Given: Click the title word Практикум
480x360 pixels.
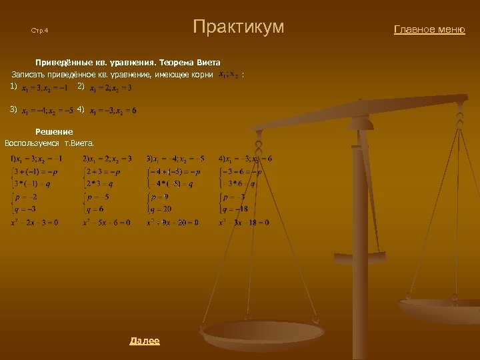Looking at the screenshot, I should pos(238,27).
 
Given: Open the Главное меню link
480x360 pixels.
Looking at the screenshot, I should pos(429,29).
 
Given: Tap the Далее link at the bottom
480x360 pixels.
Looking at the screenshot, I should pos(145,341).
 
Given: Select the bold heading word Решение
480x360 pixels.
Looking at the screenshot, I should pos(54,132).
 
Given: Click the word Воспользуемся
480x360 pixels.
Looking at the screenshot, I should pos(32,143).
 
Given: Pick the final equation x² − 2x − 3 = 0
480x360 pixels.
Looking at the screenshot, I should pos(34,222).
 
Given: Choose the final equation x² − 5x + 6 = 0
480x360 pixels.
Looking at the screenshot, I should pos(107,222).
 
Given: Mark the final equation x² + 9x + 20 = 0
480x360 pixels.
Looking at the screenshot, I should pos(172,222).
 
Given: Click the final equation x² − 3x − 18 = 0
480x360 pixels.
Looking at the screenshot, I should pos(244,222).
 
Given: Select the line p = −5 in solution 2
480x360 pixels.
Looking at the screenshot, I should pos(97,197).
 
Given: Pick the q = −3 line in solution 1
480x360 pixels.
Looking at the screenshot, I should pos(25,209).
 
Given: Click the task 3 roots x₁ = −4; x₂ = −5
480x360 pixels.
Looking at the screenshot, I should pos(47,111).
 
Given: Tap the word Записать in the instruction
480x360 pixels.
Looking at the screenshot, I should pos(27,74).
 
